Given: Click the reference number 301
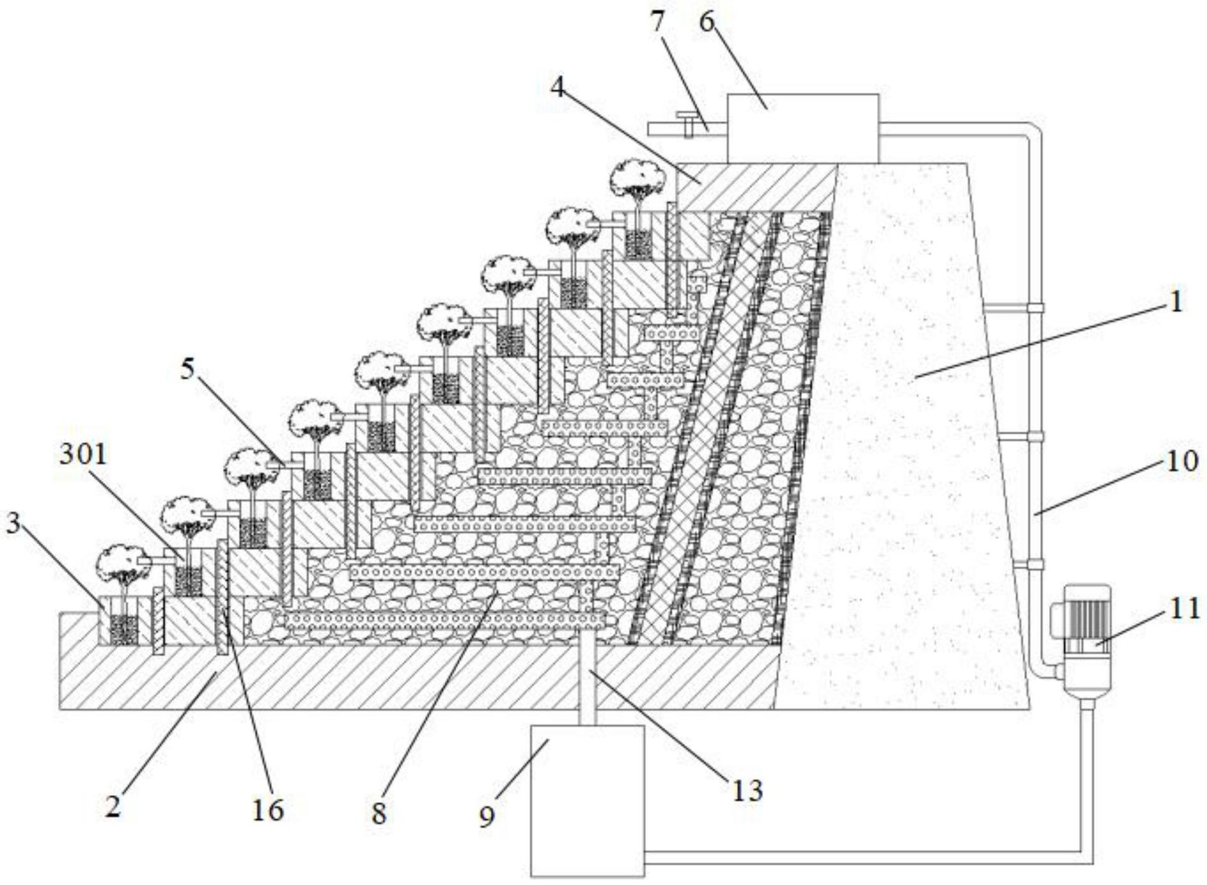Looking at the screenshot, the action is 83,455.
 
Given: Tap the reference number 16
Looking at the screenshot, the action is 268,810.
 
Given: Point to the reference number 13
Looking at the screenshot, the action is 746,791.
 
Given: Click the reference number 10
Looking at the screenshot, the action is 1183,461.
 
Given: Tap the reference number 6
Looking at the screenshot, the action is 707,22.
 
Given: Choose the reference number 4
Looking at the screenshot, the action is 557,87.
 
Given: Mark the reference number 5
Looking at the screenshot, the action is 187,369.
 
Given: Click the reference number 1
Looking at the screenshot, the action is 1176,301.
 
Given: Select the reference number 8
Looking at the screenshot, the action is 379,813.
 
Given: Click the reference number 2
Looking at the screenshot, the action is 113,807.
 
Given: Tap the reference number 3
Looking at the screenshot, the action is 13,523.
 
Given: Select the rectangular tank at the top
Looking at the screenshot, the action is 803,128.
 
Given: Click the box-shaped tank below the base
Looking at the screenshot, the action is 587,801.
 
